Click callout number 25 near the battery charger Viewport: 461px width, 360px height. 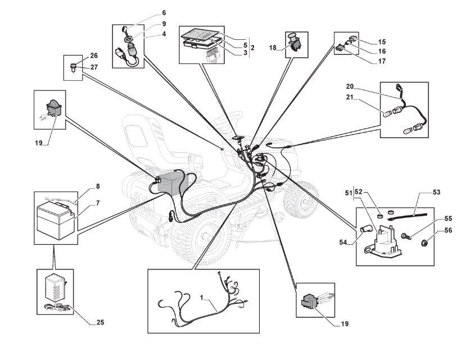coord(100,322)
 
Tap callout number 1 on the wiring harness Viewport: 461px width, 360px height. coord(202,298)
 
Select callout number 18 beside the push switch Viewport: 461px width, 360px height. coord(273,48)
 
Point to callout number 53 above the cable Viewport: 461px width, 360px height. coord(437,192)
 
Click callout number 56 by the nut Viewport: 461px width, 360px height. coord(448,230)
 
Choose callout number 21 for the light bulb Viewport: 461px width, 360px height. coord(350,97)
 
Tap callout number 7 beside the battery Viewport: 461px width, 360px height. coord(98,203)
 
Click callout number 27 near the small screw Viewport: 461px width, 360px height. coord(94,67)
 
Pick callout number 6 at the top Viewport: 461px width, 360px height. coord(164,13)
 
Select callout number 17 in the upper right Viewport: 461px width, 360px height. coord(382,61)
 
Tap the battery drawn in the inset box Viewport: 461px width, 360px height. coord(55,218)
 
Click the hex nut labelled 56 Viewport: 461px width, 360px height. coord(424,243)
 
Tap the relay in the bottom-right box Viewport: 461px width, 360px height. coord(310,301)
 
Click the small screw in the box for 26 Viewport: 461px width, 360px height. coord(73,67)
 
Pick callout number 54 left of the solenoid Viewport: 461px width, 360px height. coord(343,242)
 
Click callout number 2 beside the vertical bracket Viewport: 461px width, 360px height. coord(252,48)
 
